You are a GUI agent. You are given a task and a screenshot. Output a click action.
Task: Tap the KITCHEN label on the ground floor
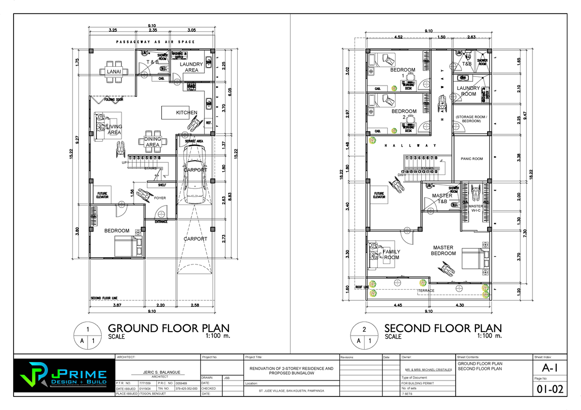coord(186,113)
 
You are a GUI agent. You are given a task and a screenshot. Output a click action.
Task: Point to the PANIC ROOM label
coord(471,159)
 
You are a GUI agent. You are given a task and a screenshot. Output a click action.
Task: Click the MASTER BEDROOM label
coord(443,250)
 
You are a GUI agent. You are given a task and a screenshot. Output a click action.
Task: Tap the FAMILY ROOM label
coord(391,255)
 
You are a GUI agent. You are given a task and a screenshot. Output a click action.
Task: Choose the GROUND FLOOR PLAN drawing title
coord(168,328)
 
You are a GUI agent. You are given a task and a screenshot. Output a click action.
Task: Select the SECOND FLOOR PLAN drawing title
coord(443,328)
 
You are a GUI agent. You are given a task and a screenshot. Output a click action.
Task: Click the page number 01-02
coord(548,389)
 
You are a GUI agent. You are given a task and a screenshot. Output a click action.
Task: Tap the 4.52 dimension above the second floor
coord(399,36)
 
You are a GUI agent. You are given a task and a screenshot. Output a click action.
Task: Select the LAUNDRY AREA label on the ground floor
coord(191,67)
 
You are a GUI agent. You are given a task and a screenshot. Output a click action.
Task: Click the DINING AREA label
coord(153,142)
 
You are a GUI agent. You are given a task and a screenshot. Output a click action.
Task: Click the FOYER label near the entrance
coord(160,198)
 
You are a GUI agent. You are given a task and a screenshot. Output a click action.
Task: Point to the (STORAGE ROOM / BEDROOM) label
coord(471,119)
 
